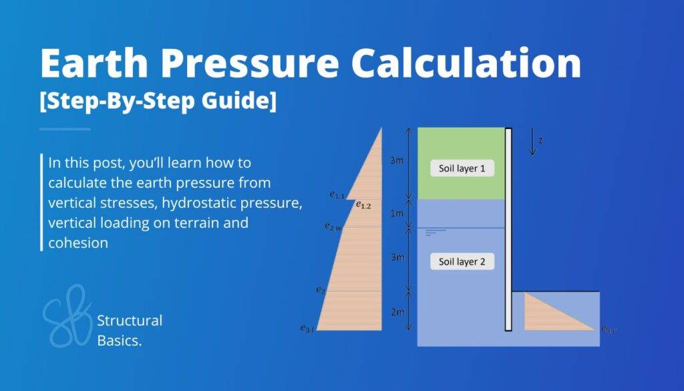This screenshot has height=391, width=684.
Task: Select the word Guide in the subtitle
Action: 241,104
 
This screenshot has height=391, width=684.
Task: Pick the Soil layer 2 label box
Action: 462,261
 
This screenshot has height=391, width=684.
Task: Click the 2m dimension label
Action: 397,312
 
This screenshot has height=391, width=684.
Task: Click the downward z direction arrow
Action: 532,142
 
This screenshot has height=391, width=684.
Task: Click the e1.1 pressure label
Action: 337,195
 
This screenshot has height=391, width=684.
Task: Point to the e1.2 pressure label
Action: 363,205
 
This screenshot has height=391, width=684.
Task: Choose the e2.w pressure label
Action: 333,228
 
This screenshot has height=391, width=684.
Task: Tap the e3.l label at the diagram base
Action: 307,328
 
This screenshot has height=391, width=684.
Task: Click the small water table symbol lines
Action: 435,232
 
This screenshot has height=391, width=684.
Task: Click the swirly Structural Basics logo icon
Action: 67,316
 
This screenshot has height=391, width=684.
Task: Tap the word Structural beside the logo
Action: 130,320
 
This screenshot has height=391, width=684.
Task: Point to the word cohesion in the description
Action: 78,243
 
